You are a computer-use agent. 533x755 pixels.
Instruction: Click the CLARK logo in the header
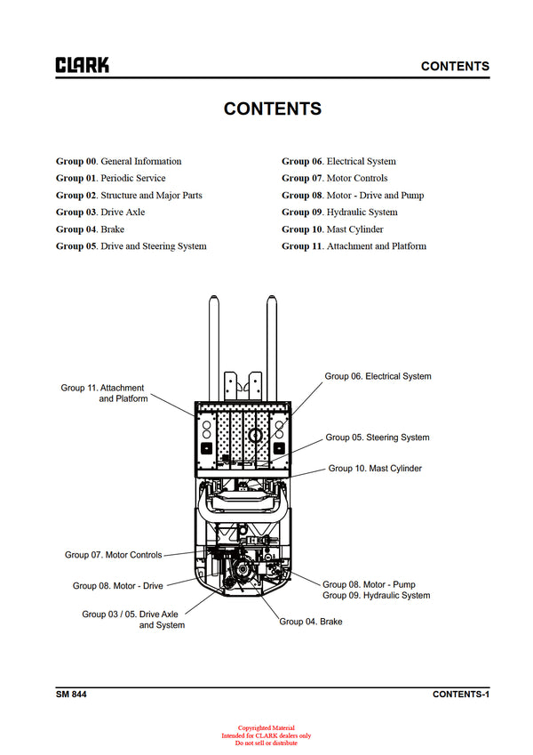click(83, 65)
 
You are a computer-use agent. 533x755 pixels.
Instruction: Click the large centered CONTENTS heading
click(272, 108)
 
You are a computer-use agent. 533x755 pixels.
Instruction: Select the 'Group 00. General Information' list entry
click(118, 161)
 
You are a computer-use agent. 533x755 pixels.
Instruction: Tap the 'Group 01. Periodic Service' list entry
click(110, 178)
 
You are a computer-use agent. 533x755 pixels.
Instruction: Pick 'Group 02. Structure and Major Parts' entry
click(129, 195)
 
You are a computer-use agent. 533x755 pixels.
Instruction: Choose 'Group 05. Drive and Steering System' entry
click(131, 245)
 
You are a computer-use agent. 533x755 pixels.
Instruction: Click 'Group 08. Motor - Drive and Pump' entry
click(353, 195)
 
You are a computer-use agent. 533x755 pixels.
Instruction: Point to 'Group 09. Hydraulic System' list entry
click(339, 212)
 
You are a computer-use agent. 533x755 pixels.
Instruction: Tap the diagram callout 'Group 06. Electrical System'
click(378, 376)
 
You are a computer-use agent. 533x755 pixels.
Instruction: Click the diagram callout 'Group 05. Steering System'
click(377, 438)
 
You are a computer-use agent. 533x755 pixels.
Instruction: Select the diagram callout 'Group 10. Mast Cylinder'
click(375, 468)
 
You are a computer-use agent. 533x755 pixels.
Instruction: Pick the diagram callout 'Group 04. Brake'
click(311, 622)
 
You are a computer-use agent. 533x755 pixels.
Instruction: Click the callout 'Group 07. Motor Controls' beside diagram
click(114, 555)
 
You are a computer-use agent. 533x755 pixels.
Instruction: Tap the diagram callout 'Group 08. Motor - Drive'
click(118, 586)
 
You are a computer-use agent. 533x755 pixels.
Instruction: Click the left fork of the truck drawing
click(214, 347)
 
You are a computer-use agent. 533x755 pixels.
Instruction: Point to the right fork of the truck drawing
click(273, 347)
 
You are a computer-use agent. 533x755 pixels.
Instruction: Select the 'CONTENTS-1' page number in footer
click(461, 694)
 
